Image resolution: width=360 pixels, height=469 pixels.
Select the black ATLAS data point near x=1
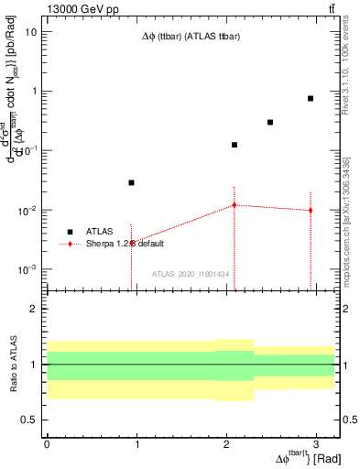coord(132,182)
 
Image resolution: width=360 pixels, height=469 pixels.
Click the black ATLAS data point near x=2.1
coord(235,145)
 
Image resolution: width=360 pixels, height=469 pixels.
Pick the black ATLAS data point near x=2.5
coord(270,122)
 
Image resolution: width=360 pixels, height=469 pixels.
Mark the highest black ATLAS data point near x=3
coord(311,98)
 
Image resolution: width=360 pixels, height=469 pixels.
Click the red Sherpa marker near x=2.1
coord(235,205)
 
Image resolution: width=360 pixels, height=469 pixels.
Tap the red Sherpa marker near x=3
coord(311,210)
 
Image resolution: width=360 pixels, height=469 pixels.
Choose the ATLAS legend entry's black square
coord(70,232)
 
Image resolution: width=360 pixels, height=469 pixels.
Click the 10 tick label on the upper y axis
coord(31,31)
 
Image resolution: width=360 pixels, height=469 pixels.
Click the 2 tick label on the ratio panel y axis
coord(33,309)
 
